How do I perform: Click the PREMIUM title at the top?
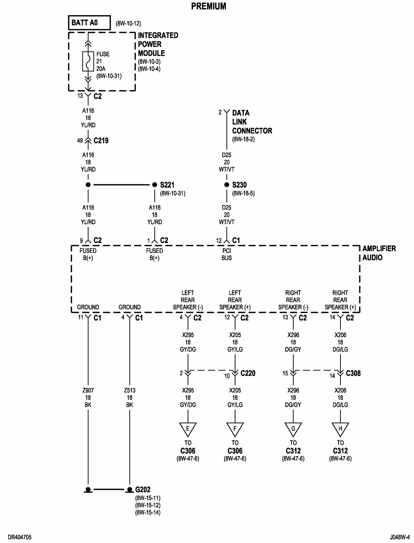point(208,6)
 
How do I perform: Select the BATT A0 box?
point(89,23)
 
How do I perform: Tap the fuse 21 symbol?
point(88,61)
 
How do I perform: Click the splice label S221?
point(167,185)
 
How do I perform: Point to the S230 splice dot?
point(227,185)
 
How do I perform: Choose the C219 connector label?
point(101,141)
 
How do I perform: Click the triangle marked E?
point(188,429)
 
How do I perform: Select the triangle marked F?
point(235,429)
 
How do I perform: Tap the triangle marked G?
point(293,429)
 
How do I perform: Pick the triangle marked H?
point(340,429)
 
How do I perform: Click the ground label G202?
point(143,490)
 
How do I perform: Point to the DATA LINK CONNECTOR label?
point(252,122)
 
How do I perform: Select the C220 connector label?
point(248,373)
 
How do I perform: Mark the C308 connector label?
point(353,373)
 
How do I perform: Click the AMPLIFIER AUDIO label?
point(379,253)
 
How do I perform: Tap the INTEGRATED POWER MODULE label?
point(158,44)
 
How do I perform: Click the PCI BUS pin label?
point(227,254)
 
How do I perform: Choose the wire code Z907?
point(88,390)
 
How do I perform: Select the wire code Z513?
point(129,390)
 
